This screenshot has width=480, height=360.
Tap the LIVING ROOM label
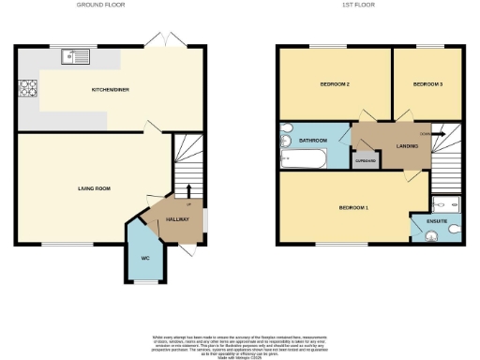[94, 188]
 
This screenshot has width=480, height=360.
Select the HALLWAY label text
[178, 218]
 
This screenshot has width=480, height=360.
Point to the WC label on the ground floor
[145, 258]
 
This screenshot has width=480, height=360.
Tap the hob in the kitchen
[28, 91]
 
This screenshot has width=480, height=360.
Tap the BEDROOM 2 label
[335, 84]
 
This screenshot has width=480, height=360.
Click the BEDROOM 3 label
[427, 84]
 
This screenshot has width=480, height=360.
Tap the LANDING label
[407, 144]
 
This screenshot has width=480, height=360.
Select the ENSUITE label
[437, 221]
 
